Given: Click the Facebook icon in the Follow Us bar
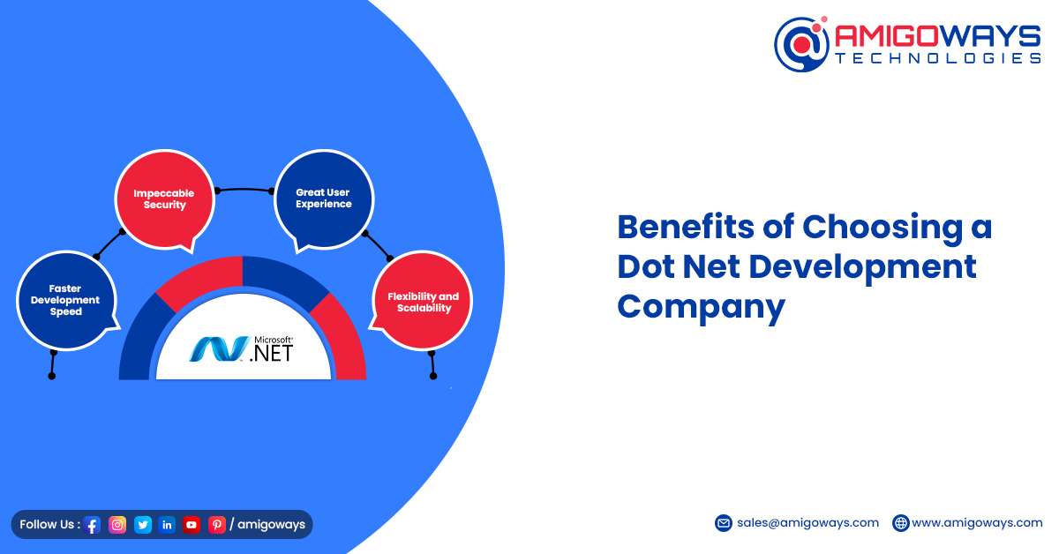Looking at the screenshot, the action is (92, 525).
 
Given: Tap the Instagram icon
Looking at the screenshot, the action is (117, 525).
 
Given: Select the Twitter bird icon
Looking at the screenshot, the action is (142, 525).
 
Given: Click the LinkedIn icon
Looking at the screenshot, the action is (167, 525).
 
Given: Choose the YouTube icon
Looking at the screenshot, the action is (192, 525).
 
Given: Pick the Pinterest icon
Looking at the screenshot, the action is (217, 525).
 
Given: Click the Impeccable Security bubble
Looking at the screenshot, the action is (164, 199).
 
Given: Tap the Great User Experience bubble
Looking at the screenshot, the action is (324, 198).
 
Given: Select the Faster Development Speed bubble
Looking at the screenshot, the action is (66, 300).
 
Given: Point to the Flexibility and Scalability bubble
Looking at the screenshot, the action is (423, 301).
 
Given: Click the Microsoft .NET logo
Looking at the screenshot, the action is (241, 348).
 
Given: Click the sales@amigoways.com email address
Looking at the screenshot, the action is (807, 523).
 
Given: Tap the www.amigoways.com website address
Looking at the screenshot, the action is (977, 523).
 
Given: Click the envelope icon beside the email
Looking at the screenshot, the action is (724, 523).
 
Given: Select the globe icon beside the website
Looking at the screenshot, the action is (901, 523).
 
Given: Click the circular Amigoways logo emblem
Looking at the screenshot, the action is (802, 44).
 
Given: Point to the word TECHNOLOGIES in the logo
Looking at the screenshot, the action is (937, 58).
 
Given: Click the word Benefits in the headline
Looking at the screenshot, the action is (686, 227).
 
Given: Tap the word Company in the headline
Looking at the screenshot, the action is (701, 307).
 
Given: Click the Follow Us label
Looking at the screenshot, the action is (49, 524).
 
